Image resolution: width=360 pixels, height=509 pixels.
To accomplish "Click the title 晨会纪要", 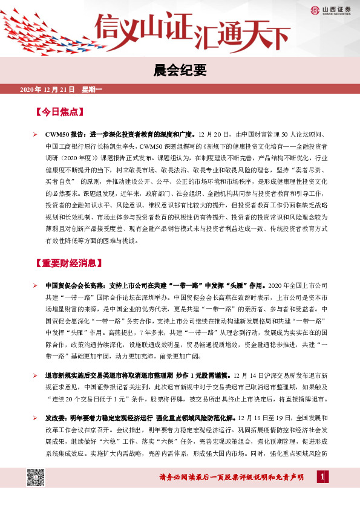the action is point(180,70).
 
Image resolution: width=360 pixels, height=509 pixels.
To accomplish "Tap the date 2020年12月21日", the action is point(47,90).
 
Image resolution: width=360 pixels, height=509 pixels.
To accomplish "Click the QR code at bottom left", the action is point(36,476).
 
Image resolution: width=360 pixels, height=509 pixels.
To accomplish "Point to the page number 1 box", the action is point(322,478).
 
